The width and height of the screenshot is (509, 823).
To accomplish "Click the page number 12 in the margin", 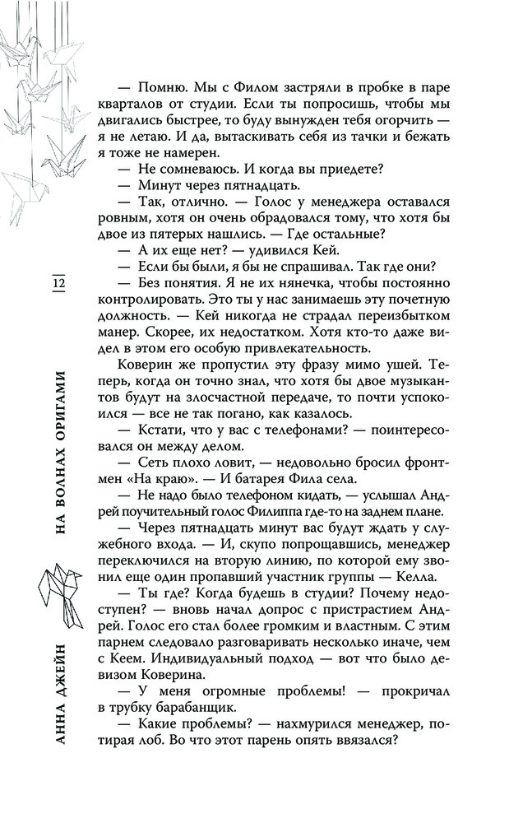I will [x=58, y=285].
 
